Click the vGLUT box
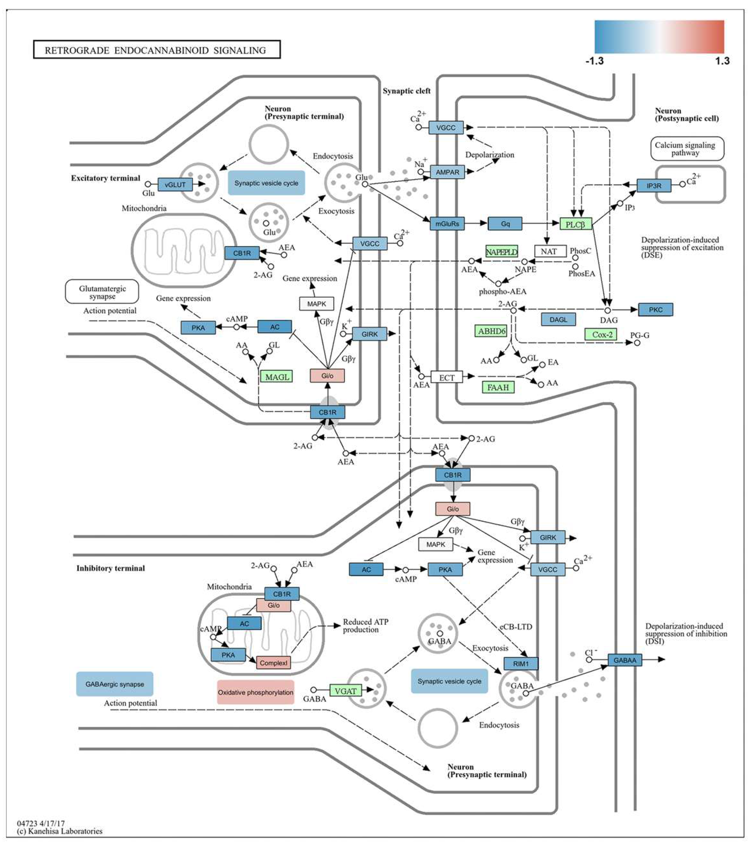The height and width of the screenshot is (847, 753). pyautogui.click(x=175, y=185)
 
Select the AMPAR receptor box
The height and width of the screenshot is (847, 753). pyautogui.click(x=447, y=172)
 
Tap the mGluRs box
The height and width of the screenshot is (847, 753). pyautogui.click(x=447, y=224)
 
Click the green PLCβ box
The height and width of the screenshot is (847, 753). pyautogui.click(x=575, y=224)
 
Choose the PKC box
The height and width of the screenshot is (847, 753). pyautogui.click(x=655, y=310)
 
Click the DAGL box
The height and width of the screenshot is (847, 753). pyautogui.click(x=558, y=320)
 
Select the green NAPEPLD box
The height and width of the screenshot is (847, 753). pyautogui.click(x=501, y=252)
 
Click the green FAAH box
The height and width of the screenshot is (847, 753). pyautogui.click(x=498, y=387)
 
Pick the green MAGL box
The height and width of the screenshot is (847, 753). pyautogui.click(x=277, y=377)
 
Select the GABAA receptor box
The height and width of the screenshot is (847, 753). pyautogui.click(x=624, y=660)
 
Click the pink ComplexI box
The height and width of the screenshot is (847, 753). pyautogui.click(x=274, y=663)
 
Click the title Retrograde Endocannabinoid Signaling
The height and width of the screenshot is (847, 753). pyautogui.click(x=156, y=50)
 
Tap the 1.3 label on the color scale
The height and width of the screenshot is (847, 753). pyautogui.click(x=722, y=61)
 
